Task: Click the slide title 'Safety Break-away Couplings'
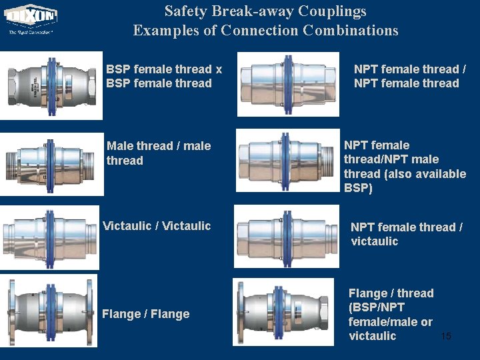[x=265, y=11]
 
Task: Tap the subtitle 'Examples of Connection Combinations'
[x=265, y=31]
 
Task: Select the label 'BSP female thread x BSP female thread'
[x=164, y=76]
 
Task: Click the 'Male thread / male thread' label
[x=159, y=153]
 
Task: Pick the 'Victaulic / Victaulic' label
[x=157, y=226]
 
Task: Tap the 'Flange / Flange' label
[x=145, y=314]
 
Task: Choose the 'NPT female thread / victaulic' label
[x=407, y=234]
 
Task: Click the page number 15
[x=446, y=336]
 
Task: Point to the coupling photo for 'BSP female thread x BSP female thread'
[x=51, y=85]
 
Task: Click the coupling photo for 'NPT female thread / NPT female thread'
[x=288, y=84]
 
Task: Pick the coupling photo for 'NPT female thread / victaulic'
[x=287, y=236]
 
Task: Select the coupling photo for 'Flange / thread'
[x=284, y=312]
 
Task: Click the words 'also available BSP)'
[x=405, y=181]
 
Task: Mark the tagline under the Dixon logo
[x=31, y=31]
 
